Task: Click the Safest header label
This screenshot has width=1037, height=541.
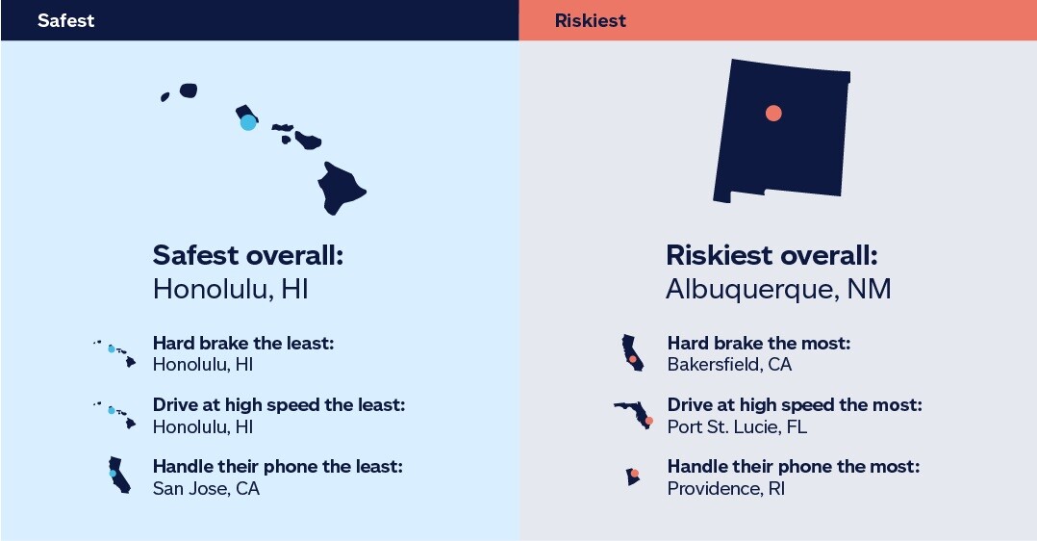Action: pos(66,20)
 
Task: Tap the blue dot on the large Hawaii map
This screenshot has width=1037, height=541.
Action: pos(248,122)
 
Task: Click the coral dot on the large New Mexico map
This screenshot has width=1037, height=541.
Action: pos(773,113)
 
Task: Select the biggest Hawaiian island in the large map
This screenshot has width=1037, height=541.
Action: pos(342,189)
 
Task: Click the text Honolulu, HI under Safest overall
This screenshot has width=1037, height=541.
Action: pos(231,289)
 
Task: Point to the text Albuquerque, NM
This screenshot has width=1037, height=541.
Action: pos(778,289)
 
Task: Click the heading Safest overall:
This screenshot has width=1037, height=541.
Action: pos(247,256)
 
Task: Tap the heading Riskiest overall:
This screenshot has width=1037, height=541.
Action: pos(771,256)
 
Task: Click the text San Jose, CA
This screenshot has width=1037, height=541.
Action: pos(206,488)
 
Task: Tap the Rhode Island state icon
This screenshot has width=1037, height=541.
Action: pos(633,477)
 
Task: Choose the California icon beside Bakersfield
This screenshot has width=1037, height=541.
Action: pos(631,352)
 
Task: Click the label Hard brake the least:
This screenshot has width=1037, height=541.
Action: pos(242,344)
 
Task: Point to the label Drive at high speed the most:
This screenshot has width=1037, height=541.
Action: pos(795,405)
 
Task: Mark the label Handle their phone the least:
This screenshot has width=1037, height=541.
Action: pos(277,467)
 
